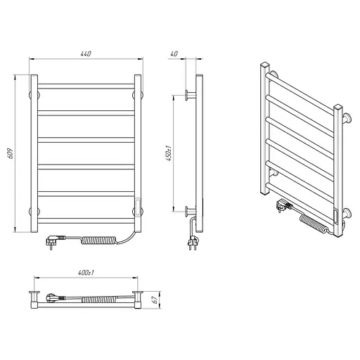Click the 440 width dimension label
pos(86,53)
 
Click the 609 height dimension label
pos(11,153)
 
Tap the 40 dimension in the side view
pos(174,53)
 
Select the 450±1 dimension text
pos(169,153)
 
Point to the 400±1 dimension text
pos(86,273)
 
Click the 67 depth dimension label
pos(155,300)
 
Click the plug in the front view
pos(55,241)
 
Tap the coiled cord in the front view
pos(99,240)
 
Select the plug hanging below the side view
pos(192,243)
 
